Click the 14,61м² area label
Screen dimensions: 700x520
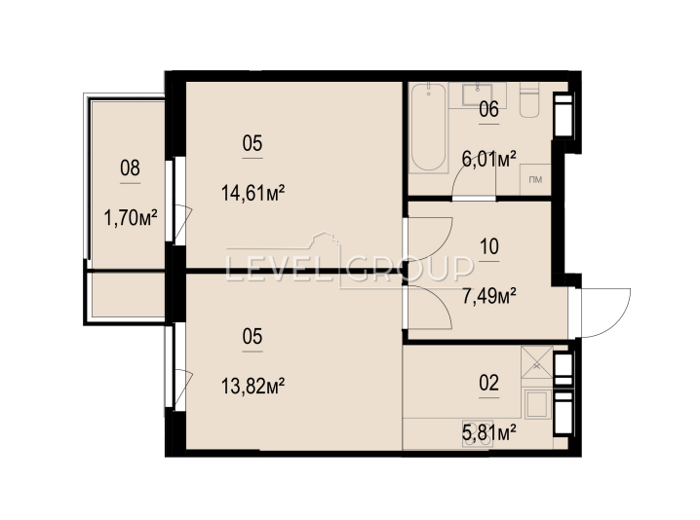point(253,194)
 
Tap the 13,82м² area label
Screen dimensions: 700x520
point(253,387)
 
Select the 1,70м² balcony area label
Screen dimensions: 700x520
point(131,218)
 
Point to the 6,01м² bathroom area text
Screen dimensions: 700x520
point(489,159)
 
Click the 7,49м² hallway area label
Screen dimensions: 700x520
point(489,296)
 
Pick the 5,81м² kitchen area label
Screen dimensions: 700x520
point(489,432)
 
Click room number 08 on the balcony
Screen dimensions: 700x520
point(130,168)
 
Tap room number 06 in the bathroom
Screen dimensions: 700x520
point(488,109)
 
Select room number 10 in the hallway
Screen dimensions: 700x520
point(488,246)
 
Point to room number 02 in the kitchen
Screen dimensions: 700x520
point(488,383)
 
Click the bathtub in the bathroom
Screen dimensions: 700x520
point(429,128)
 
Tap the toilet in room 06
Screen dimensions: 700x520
point(530,100)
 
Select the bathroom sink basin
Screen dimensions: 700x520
point(478,94)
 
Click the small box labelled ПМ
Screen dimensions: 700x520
point(535,180)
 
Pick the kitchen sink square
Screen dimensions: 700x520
point(537,405)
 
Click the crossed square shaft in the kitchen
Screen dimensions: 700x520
point(537,362)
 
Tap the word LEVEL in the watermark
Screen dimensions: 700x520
point(279,269)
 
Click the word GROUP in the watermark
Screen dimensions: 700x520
point(409,269)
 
